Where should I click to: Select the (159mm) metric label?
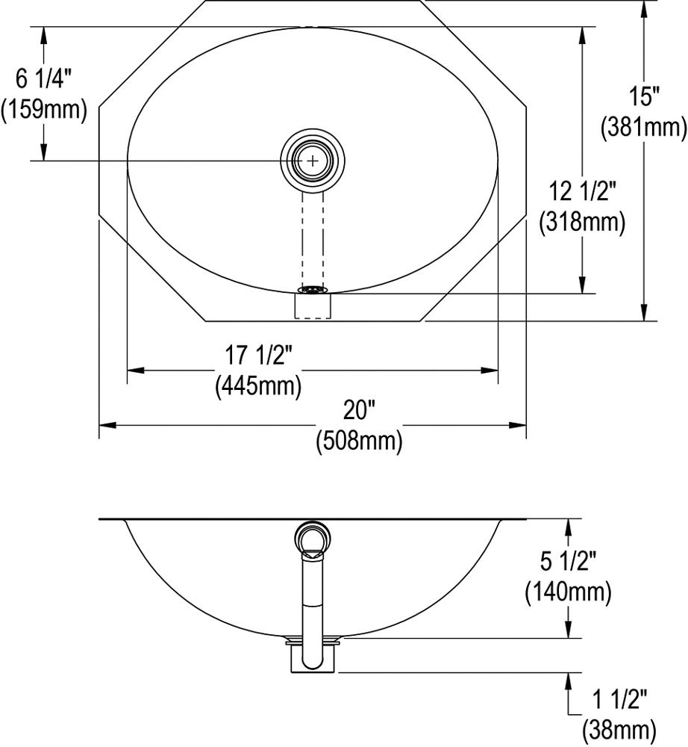[x=44, y=109]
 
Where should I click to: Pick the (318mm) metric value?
[x=583, y=222]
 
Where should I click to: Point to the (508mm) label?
[x=359, y=441]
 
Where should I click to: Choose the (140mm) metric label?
[x=569, y=592]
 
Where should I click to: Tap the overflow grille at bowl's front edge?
[x=313, y=289]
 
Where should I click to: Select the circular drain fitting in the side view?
[x=313, y=538]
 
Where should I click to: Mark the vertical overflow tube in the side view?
[x=313, y=605]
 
